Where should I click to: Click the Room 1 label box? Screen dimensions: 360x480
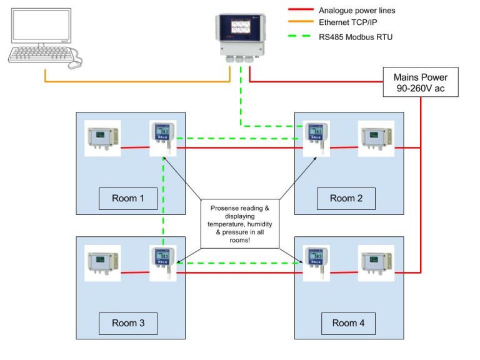128,199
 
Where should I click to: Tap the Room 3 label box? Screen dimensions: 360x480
128,323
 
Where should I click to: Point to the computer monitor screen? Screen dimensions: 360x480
44,29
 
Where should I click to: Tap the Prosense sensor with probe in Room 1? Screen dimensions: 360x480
164,137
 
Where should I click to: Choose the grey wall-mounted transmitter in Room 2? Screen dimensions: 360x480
376,138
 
